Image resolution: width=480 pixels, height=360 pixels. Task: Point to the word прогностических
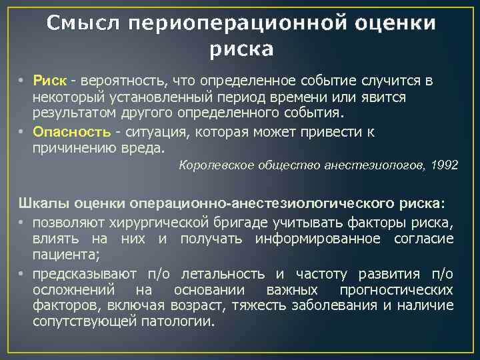click(397, 290)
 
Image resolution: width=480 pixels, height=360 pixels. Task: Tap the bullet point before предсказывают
click(23, 274)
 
